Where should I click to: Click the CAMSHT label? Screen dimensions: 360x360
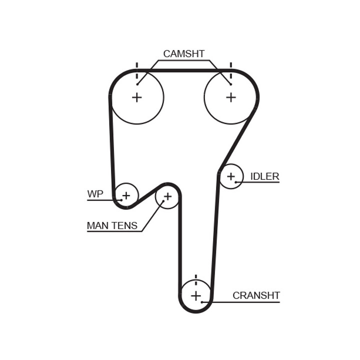[x=183, y=54]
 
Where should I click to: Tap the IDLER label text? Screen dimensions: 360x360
[x=264, y=176]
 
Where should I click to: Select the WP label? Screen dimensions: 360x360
[x=95, y=194]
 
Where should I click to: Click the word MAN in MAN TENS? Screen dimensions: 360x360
[x=97, y=225]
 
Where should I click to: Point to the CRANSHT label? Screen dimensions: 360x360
[x=256, y=295]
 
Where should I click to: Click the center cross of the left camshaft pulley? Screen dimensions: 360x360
[x=137, y=97]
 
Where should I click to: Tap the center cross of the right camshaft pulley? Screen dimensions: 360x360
[x=231, y=97]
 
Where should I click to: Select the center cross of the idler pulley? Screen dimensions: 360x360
[x=231, y=176]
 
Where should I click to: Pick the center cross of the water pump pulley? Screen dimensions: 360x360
[x=126, y=195]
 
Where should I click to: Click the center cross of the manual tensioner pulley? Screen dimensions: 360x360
[x=168, y=196]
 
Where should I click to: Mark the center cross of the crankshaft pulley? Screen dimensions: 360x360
[x=196, y=295]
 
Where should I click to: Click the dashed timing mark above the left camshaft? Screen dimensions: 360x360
[x=137, y=70]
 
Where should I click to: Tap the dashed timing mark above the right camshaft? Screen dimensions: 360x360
[x=231, y=70]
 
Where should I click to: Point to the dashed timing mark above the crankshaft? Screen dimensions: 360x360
[x=196, y=280]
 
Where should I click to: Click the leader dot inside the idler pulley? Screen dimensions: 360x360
[x=236, y=182]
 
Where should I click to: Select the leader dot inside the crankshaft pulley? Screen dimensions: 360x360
[x=202, y=302]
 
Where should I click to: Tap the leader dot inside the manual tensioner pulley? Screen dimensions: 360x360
[x=163, y=201]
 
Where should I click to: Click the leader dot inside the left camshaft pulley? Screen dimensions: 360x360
[x=137, y=84]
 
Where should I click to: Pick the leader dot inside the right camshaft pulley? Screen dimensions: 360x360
[x=230, y=84]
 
